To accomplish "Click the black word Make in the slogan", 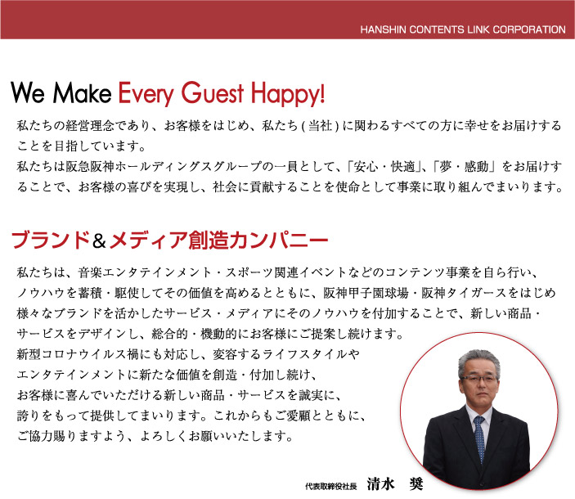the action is pos(82,92).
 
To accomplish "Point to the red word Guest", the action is pos(213,92).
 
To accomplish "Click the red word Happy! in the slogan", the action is pos(288,94).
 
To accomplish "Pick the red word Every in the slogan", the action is pos(146,94).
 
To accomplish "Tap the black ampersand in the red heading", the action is pos(99,241).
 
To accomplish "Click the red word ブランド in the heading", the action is pos(51,241).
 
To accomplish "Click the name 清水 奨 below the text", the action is pos(395,484).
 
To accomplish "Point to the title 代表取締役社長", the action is pos(331,486).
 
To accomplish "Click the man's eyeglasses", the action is pos(479,379).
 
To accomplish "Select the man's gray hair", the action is pos(478,359).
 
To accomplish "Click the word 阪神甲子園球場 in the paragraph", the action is pos(366,293).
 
